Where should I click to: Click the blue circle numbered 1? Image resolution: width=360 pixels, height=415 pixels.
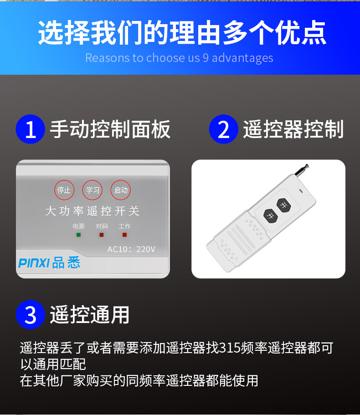(30, 129)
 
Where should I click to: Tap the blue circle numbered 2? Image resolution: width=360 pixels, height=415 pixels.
(223, 129)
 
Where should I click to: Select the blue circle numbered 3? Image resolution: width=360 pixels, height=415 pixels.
(30, 314)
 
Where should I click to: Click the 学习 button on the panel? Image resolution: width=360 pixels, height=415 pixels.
(92, 190)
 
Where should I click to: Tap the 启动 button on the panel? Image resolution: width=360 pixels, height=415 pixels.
(120, 190)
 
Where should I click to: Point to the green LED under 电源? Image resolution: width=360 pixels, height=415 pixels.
(78, 235)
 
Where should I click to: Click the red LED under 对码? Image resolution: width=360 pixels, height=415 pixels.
(101, 235)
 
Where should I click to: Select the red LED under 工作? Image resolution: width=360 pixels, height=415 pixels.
(124, 235)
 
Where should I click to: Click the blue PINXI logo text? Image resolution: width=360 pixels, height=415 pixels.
(34, 263)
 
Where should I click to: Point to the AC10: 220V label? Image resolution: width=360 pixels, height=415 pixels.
(131, 249)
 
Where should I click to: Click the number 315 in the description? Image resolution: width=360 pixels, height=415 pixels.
(229, 348)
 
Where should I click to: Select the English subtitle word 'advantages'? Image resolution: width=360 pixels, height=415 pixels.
(242, 58)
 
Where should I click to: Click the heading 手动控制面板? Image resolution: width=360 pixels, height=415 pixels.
(110, 129)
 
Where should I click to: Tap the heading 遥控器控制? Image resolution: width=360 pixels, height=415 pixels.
(293, 129)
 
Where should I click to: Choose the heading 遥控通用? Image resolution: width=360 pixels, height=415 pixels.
(90, 314)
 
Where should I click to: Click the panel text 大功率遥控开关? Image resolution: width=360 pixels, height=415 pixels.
(92, 211)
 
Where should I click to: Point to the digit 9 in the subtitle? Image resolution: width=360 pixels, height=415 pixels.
(206, 58)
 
